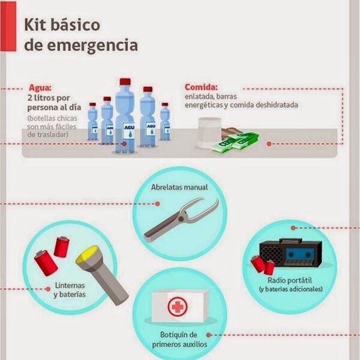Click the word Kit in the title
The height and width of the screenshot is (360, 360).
coord(35,25)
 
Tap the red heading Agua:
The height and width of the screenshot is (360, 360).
coord(40,88)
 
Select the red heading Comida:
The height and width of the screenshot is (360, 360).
coord(201,87)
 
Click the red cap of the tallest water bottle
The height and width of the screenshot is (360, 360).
coord(125,82)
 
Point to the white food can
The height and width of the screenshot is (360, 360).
coord(209,132)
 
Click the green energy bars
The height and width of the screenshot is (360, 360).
coord(235,142)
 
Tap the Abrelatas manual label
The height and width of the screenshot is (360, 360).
coord(179,187)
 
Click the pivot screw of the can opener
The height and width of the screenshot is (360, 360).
coord(181,219)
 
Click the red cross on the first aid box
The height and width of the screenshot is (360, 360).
coord(178,307)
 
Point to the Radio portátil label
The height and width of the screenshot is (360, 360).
coord(290,280)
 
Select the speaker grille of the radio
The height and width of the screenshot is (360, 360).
coord(271,254)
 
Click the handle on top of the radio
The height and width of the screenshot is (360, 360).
coord(290,241)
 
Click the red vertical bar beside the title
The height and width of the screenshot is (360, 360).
coord(8,26)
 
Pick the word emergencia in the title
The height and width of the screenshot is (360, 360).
coord(92,45)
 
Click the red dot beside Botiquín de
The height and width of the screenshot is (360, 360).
coord(208,335)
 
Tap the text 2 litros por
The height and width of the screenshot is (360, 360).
coord(49,98)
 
